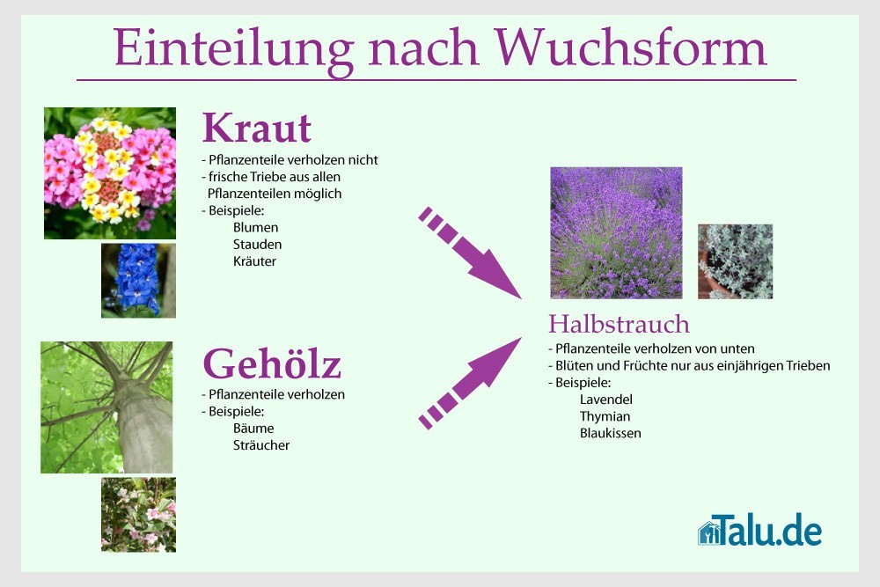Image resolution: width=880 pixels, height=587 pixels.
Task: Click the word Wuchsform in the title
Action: [630, 48]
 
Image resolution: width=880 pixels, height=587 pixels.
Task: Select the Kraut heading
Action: [256, 128]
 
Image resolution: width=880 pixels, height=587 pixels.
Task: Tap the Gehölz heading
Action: [272, 363]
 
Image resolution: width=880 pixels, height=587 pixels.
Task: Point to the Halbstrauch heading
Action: [619, 324]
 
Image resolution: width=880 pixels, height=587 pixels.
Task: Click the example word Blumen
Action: [255, 227]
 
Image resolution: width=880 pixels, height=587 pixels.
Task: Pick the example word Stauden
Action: [257, 244]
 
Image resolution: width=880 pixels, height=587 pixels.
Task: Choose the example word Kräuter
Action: [254, 261]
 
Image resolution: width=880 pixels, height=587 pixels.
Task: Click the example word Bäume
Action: [253, 429]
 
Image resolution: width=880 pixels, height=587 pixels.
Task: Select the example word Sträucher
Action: [261, 445]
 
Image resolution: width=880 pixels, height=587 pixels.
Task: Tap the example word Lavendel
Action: [606, 400]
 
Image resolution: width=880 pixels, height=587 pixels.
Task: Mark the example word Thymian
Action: [605, 416]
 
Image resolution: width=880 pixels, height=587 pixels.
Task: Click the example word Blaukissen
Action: [610, 433]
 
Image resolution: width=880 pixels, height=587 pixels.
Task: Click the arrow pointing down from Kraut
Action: [470, 253]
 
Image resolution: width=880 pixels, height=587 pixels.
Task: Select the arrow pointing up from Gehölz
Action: [470, 384]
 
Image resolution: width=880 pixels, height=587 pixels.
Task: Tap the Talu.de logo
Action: [760, 529]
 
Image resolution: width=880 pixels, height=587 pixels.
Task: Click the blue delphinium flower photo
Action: [138, 281]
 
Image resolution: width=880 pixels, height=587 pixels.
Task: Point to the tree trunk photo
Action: [106, 407]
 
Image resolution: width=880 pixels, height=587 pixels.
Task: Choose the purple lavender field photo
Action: [616, 233]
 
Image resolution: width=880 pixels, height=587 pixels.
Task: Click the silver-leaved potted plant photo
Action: [735, 261]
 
